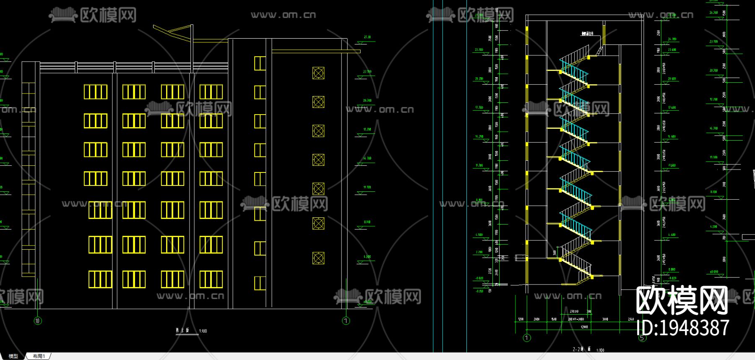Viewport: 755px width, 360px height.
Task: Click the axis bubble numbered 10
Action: point(38,321)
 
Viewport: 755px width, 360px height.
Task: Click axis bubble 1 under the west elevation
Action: point(346,321)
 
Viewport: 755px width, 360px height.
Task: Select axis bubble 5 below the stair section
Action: point(643,338)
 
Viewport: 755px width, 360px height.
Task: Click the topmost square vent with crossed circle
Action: point(318,73)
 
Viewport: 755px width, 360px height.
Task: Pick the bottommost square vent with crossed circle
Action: point(318,258)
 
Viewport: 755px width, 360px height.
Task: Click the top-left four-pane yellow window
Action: point(96,92)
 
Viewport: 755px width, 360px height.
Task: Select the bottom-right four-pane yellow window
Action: point(211,280)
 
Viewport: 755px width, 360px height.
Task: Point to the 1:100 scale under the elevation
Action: point(203,331)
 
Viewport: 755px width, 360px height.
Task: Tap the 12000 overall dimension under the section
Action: point(584,327)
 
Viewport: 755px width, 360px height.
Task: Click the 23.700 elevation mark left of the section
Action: point(479,50)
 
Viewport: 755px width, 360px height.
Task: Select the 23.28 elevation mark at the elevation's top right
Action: point(367,37)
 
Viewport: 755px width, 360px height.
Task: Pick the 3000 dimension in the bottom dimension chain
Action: point(605,319)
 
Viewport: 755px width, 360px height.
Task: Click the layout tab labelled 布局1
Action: point(39,356)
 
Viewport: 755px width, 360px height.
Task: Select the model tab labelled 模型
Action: point(13,356)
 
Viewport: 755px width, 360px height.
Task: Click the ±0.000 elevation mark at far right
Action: point(713,272)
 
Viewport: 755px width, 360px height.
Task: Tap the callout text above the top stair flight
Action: point(587,34)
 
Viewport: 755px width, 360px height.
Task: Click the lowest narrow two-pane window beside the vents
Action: point(260,283)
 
